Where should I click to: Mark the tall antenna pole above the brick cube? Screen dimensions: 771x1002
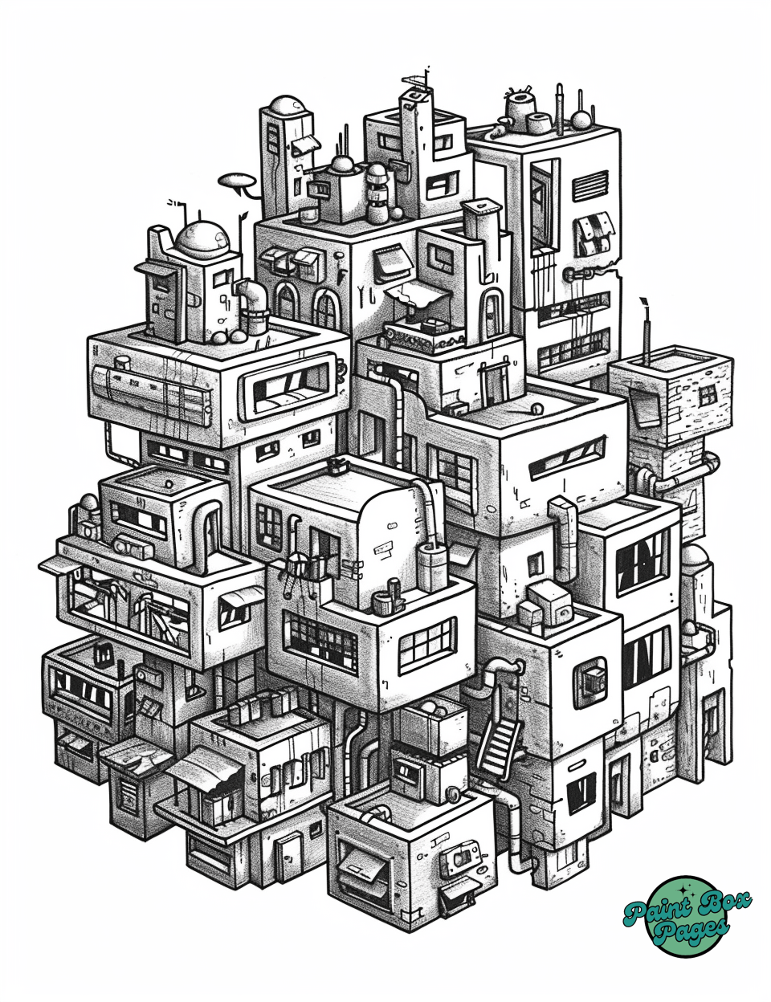point(646,331)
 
